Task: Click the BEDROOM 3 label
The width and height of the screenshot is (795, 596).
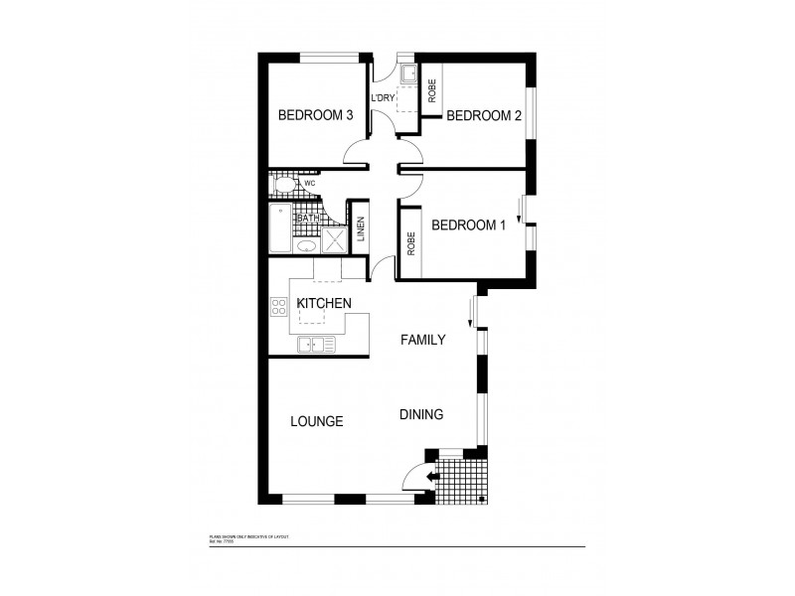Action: pos(316,115)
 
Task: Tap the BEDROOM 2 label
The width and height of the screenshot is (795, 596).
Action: pos(484,116)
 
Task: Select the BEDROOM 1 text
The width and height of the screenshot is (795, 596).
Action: pos(468,225)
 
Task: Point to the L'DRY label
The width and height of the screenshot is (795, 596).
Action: pos(384,98)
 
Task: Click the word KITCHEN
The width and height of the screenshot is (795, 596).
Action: pos(321,304)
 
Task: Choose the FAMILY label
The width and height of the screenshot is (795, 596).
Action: pos(422,340)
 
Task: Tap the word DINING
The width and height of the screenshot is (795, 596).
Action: pos(421,415)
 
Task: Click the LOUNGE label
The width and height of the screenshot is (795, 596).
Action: pos(316,421)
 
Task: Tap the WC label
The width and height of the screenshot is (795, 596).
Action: pos(309,184)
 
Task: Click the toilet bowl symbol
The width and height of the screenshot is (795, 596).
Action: pos(283,184)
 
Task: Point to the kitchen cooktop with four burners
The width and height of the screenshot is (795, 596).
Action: pos(278,308)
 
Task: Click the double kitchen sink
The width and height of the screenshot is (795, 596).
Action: pos(317,345)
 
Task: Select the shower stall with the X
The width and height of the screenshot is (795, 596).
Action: pos(334,240)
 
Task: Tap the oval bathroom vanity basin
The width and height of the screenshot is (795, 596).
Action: pos(306,244)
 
